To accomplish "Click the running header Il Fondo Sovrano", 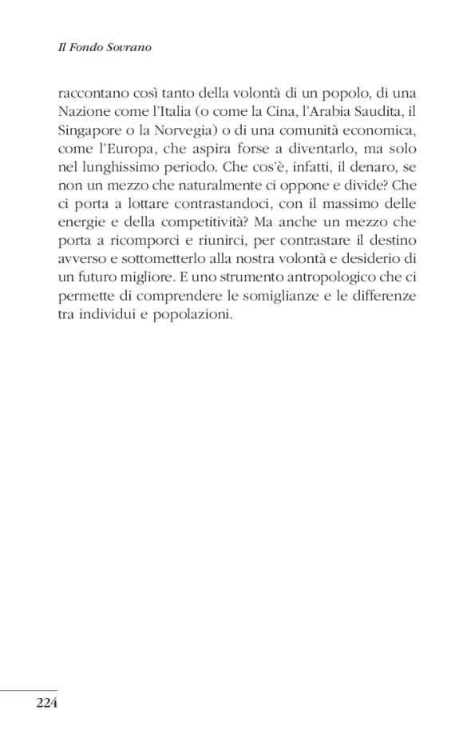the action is click(105, 48).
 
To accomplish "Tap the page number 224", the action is click(47, 703).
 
